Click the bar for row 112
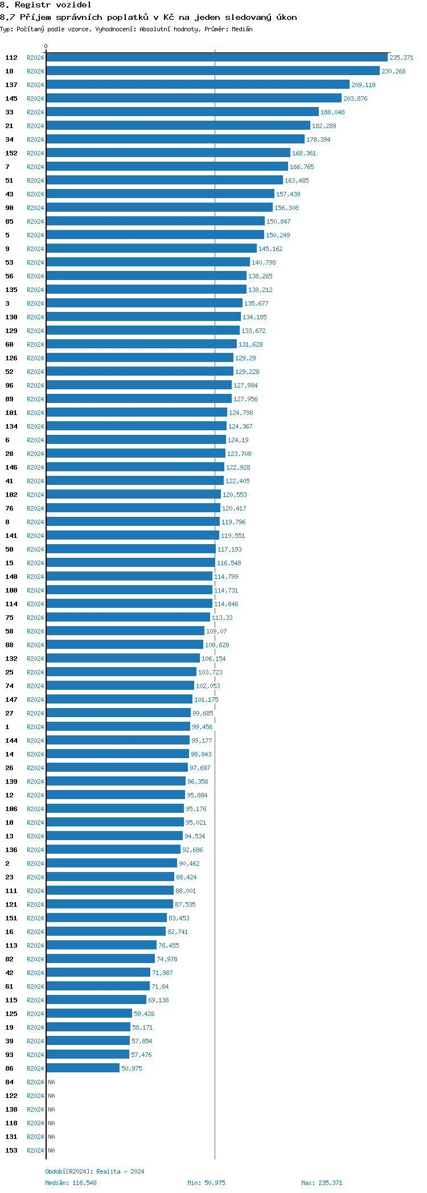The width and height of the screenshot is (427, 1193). click(x=216, y=57)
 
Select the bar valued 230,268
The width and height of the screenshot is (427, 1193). click(x=212, y=71)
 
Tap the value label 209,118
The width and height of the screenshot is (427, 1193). click(x=363, y=85)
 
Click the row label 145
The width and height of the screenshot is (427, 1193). click(x=11, y=98)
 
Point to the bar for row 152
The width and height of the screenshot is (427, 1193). click(x=168, y=153)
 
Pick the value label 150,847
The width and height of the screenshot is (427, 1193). click(x=278, y=221)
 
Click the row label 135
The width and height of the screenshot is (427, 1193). click(x=11, y=290)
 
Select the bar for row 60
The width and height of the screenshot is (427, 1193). click(x=141, y=344)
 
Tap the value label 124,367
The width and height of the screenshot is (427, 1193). click(x=240, y=426)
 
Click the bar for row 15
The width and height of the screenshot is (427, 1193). click(x=130, y=563)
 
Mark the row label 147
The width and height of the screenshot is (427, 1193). click(x=11, y=700)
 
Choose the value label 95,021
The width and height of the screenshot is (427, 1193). click(x=196, y=822)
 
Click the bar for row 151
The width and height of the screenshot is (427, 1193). click(x=106, y=918)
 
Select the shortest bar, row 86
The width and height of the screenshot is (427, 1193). click(x=83, y=1068)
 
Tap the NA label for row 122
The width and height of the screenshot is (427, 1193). click(x=51, y=1096)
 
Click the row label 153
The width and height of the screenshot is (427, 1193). click(x=11, y=1150)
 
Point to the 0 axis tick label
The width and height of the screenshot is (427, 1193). click(x=46, y=46)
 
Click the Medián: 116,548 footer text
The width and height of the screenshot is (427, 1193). click(x=71, y=1183)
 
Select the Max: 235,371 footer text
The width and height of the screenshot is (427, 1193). click(x=322, y=1183)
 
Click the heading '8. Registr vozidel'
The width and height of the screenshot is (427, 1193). click(x=46, y=5)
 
